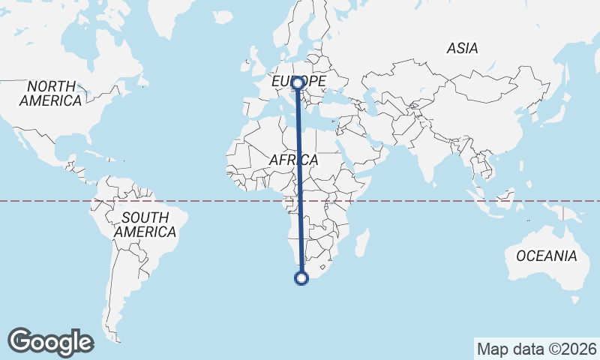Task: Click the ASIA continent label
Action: [462, 48]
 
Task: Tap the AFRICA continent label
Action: [293, 160]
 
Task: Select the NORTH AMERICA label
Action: [50, 93]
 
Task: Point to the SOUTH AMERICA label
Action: [145, 224]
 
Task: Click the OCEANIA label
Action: [547, 256]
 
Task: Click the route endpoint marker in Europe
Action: [298, 83]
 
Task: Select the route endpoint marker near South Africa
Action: [301, 278]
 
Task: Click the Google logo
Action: [51, 342]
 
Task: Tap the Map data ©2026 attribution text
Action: [536, 349]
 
